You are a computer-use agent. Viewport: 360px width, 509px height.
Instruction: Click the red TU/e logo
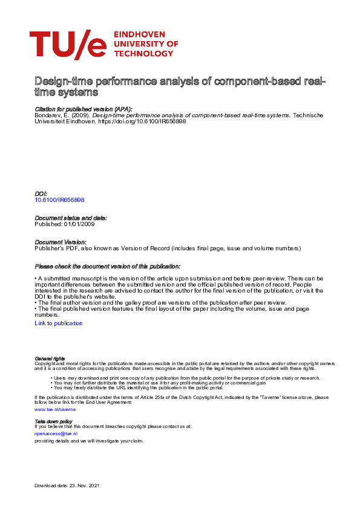[x=67, y=45]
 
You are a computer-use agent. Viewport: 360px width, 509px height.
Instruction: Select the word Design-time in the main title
[x=60, y=82]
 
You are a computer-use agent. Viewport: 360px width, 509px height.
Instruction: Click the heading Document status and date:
[x=71, y=218]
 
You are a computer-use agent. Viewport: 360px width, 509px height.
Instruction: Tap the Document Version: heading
[x=61, y=242]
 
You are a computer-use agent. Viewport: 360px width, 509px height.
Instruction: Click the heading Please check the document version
[x=108, y=267]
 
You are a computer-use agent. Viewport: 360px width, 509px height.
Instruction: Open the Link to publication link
[x=59, y=323]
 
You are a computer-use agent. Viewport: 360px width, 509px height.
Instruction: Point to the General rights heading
[x=50, y=358]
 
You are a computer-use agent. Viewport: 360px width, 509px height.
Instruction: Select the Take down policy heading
[x=53, y=421]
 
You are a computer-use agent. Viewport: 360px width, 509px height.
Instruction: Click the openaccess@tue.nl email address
[x=56, y=433]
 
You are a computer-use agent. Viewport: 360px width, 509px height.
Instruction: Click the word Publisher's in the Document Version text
[x=50, y=248]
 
